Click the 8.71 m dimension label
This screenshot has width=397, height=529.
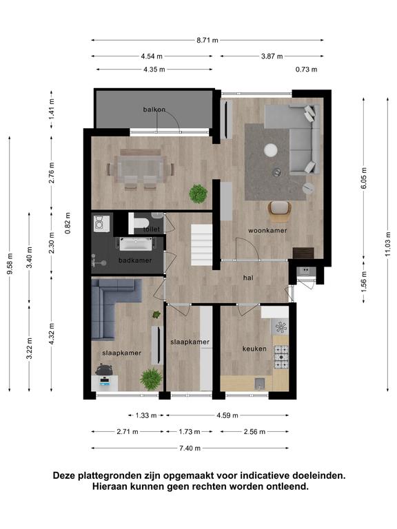click(x=207, y=40)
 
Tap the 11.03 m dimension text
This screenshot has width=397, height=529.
click(x=388, y=244)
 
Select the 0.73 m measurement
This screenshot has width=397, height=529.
click(x=306, y=70)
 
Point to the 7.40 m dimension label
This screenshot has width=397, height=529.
click(x=190, y=448)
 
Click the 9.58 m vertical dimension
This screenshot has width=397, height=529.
click(x=10, y=264)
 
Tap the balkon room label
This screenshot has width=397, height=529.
click(x=154, y=110)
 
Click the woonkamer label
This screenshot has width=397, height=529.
click(x=267, y=231)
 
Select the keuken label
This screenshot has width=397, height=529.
click(x=254, y=349)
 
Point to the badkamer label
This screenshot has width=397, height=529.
click(x=135, y=260)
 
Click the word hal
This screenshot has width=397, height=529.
click(x=248, y=278)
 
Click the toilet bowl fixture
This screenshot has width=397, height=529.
click(x=139, y=223)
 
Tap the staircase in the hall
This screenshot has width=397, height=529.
click(x=202, y=245)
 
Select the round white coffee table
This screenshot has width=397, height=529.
click(x=271, y=150)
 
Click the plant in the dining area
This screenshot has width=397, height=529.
click(x=198, y=194)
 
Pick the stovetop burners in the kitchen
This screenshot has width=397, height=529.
click(x=281, y=357)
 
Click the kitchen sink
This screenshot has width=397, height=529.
click(x=259, y=383)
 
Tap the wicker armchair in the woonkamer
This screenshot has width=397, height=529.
click(x=280, y=211)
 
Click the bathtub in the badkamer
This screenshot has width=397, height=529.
click(x=135, y=244)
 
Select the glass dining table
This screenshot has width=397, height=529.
click(x=141, y=169)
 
